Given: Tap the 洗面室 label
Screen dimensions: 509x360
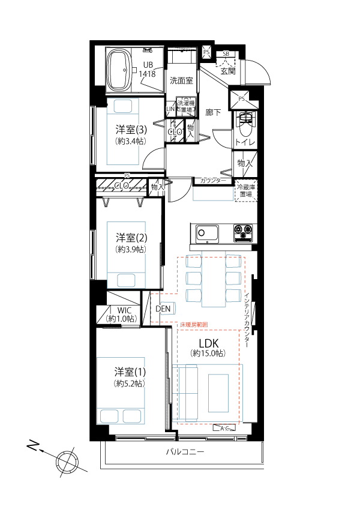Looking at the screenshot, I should (181, 80).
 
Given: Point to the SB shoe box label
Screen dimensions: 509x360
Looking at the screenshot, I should (226, 54).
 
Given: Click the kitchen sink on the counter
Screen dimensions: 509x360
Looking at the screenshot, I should (207, 232).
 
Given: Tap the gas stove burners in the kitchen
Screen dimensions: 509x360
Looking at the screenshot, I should (244, 230).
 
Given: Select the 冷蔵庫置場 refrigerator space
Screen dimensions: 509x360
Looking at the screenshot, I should (246, 191).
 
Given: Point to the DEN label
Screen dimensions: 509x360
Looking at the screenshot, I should (163, 309).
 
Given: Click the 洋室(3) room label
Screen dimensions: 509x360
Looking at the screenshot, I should (130, 130).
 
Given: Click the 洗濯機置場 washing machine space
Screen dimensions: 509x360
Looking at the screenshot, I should (185, 106).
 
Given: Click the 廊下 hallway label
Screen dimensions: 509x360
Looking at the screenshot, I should (213, 112).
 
